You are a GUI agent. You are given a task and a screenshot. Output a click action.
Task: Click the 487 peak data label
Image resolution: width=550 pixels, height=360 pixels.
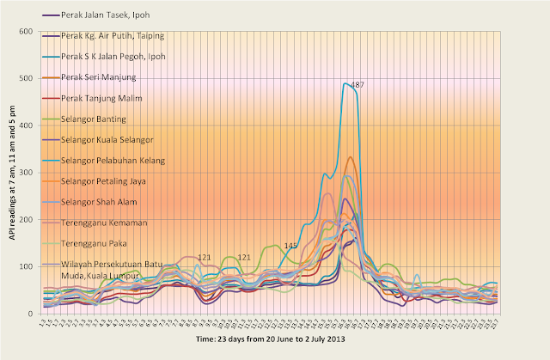(357, 85)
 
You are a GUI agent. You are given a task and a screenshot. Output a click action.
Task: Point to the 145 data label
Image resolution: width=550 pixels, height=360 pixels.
(291, 247)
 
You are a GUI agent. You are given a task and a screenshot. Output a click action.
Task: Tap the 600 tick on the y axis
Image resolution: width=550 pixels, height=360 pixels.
(26, 32)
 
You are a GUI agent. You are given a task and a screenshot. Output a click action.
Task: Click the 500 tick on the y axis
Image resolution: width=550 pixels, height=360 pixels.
(26, 79)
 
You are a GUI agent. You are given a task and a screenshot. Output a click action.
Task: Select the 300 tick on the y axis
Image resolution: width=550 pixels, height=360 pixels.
(26, 173)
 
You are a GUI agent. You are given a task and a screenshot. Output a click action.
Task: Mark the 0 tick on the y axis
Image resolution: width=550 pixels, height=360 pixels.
(30, 314)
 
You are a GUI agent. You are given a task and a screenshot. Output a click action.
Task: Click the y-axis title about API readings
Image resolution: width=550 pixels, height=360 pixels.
(11, 173)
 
